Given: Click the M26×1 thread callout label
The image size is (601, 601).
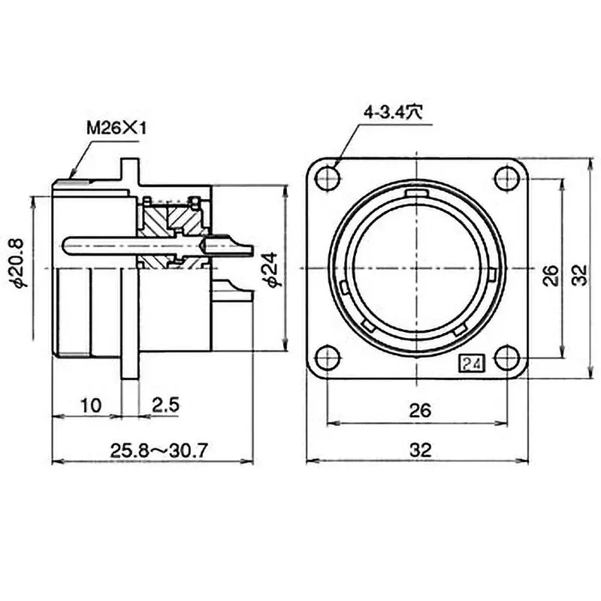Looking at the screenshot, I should (x=116, y=128).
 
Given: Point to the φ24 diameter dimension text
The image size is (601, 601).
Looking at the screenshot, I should (x=272, y=268).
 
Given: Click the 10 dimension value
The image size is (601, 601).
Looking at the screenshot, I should (x=89, y=406).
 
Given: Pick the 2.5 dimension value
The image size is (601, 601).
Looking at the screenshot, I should (x=165, y=406).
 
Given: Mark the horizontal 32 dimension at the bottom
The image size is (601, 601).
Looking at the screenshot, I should (x=420, y=450).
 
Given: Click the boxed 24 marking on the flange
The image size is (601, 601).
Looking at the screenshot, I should (x=473, y=364).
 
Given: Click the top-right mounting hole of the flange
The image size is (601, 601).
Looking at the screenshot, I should (x=509, y=178).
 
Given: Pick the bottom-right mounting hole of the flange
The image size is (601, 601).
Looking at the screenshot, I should (x=509, y=358).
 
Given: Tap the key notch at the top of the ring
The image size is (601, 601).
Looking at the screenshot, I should (x=418, y=195).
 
